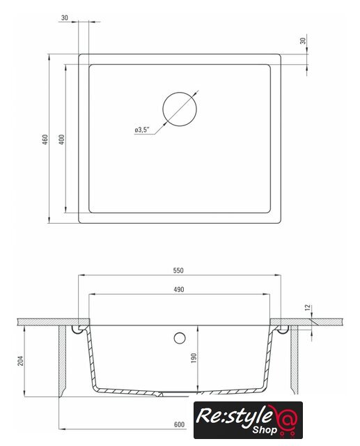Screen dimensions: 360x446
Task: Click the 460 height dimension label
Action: point(45,139)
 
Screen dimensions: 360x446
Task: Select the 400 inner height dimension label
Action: point(62,139)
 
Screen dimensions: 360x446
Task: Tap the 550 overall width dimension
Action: point(178,270)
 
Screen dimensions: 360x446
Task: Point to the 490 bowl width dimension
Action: point(179,290)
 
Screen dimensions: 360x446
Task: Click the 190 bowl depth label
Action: point(194,357)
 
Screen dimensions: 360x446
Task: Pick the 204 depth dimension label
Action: point(22,361)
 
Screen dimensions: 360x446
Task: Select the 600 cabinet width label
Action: point(179,424)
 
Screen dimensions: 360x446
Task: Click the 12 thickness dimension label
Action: point(308,307)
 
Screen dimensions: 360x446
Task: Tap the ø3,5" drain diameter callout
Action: point(142,130)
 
